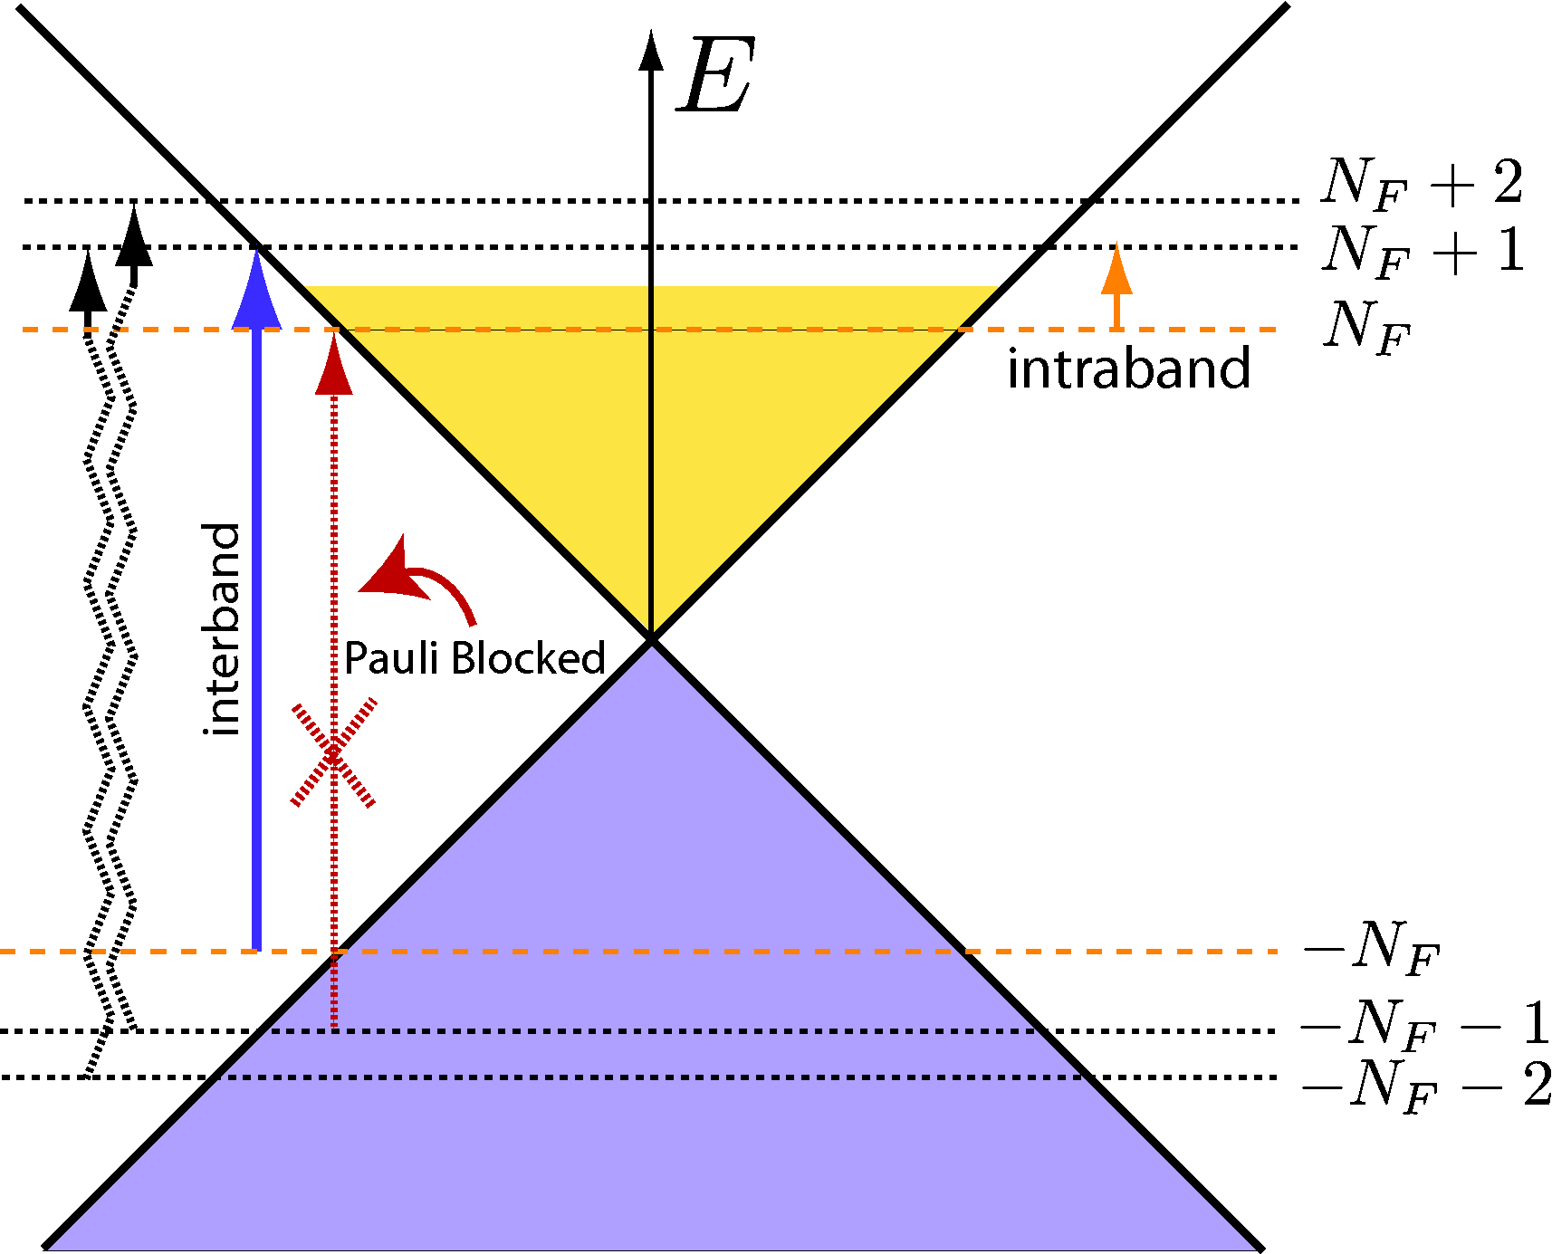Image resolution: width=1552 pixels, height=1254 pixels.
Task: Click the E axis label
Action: click(x=715, y=76)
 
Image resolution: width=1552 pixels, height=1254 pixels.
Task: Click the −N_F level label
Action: click(x=1370, y=948)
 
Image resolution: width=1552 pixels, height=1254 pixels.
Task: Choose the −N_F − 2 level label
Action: click(x=1425, y=1085)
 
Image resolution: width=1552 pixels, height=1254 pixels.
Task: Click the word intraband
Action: click(x=1128, y=369)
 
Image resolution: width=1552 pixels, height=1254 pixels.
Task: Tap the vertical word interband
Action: click(x=223, y=629)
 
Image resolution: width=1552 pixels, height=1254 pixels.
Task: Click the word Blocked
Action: click(x=528, y=658)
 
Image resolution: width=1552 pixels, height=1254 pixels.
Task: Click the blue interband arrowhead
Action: click(x=257, y=292)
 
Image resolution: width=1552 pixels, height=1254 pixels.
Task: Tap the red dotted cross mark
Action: click(x=333, y=752)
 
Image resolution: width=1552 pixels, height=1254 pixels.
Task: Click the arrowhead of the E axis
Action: click(x=650, y=50)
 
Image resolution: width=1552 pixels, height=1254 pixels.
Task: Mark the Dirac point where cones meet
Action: click(x=650, y=639)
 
